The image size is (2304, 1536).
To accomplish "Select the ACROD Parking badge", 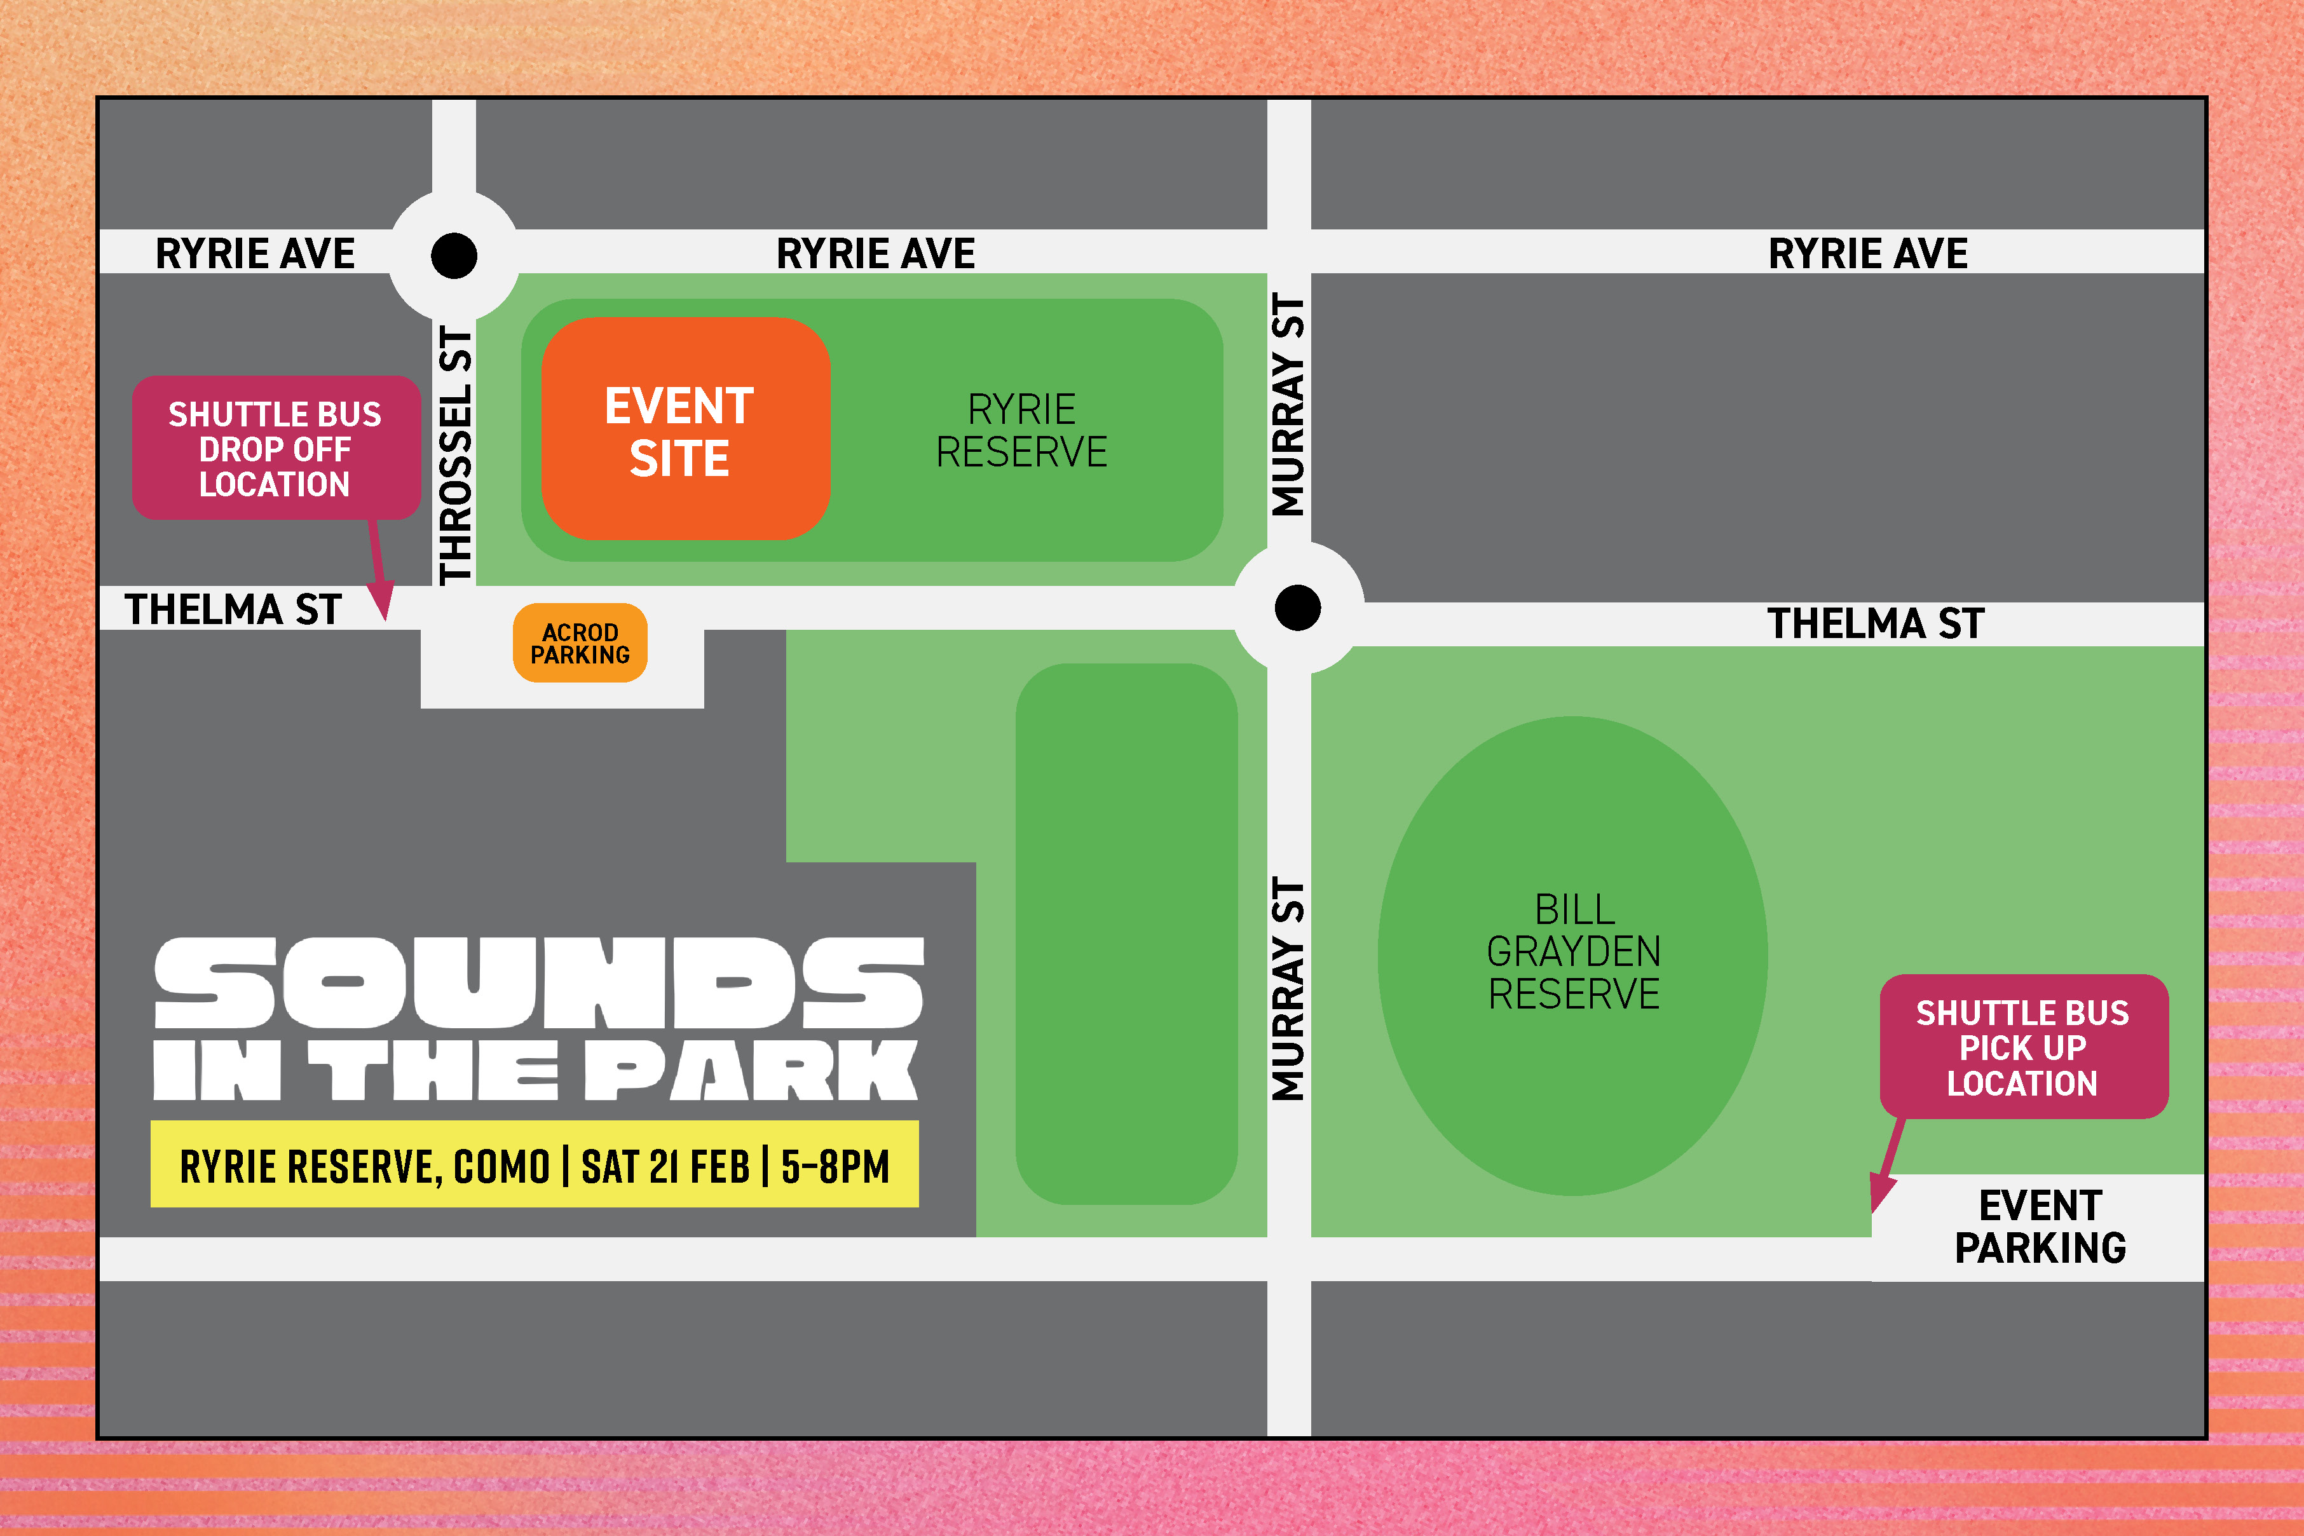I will tap(580, 644).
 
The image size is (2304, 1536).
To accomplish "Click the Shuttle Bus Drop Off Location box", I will tap(275, 449).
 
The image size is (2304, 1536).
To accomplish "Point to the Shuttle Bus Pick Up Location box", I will tap(2023, 1047).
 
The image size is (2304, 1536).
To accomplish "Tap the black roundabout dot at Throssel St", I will tap(454, 255).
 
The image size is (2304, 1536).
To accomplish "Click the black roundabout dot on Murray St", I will tap(1297, 608).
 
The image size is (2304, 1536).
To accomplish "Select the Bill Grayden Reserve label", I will tap(1573, 951).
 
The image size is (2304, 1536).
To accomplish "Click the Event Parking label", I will tap(2040, 1227).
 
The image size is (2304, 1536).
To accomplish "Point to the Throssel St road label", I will tap(456, 456).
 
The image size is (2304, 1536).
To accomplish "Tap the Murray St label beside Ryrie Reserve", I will tap(1288, 405).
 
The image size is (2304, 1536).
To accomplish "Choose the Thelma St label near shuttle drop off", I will tap(233, 609).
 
